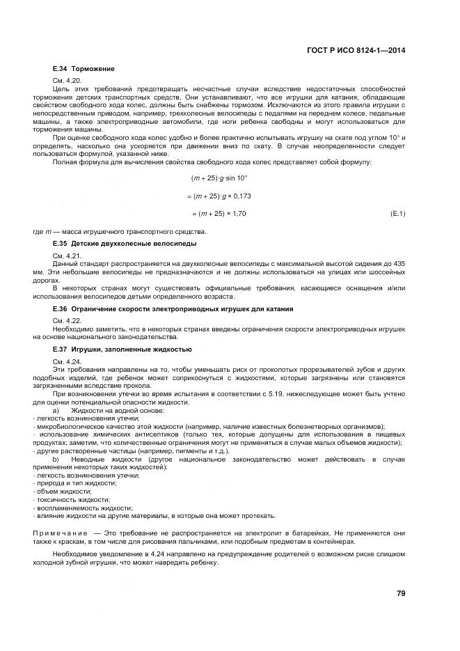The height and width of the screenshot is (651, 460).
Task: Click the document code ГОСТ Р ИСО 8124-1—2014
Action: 358,50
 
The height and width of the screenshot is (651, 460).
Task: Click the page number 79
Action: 400,593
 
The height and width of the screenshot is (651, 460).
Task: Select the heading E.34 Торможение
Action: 84,69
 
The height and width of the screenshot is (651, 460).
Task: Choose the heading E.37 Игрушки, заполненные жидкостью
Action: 122,349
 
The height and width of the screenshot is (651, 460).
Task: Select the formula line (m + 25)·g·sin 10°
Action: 214,179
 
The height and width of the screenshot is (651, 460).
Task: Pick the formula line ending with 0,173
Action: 221,196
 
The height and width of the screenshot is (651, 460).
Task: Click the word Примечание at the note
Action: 63,532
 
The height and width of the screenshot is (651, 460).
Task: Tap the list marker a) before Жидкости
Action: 56,411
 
